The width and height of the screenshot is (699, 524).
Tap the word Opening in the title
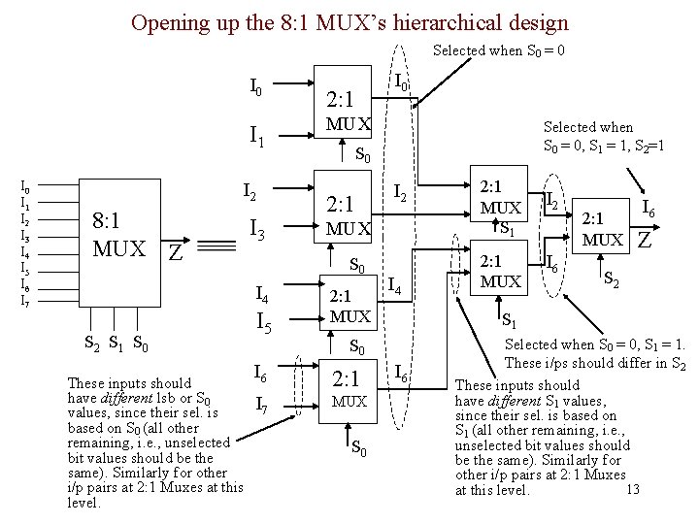[164, 20]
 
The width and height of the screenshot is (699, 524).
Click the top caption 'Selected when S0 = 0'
[499, 49]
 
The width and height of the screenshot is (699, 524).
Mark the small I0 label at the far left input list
[25, 187]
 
